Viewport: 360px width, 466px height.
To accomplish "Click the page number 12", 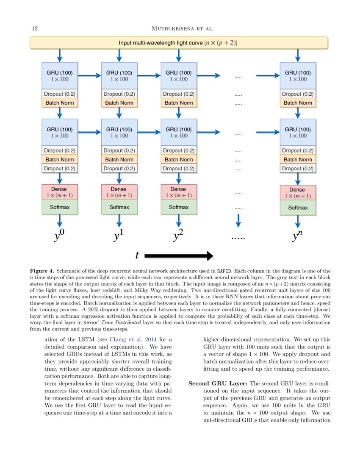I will (35, 28).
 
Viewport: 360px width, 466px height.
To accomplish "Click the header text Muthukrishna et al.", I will (182, 28).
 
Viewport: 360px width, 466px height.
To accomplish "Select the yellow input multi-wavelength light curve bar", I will (178, 43).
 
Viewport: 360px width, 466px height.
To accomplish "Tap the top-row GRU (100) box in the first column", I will (60, 75).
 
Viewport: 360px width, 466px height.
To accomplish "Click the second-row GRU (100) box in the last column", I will (298, 132).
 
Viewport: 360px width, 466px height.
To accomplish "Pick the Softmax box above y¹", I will (119, 207).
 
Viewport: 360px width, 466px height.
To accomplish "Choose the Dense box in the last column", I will (298, 192).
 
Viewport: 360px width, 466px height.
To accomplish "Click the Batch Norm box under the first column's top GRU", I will (60, 103).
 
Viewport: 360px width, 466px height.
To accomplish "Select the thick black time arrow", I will (178, 255).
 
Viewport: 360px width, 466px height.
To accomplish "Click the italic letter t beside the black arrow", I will (137, 255).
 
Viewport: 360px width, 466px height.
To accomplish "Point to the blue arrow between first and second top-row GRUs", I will (89, 76).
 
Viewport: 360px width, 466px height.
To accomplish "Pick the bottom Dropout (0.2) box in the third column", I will (179, 168).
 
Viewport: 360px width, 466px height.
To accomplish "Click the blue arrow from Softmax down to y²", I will (179, 220).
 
